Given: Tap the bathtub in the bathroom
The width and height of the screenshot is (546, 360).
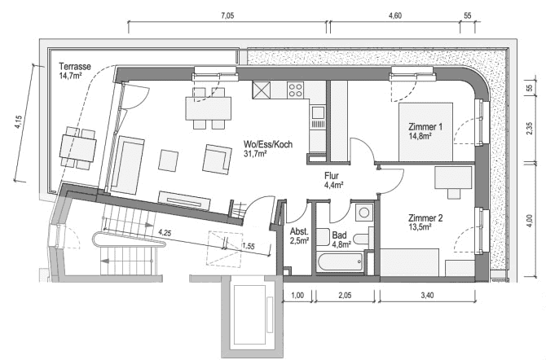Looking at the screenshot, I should pos(340,263).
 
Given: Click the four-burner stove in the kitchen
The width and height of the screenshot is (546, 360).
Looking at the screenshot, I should pos(294,90).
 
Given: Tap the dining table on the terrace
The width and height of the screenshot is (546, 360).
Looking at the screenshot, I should pos(77,147).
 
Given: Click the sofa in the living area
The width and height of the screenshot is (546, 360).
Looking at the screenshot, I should pos(130,162).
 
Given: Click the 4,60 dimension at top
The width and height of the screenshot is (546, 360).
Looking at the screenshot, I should pos(395,15).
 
